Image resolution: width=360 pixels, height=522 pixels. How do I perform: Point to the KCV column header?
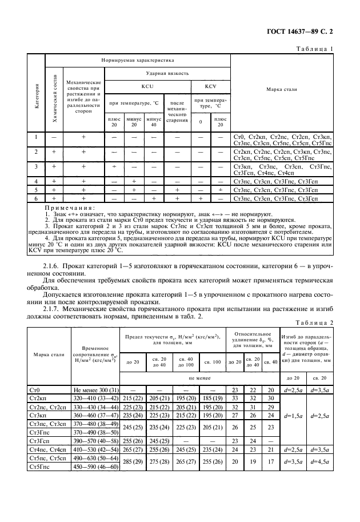pyautogui.click(x=210, y=86)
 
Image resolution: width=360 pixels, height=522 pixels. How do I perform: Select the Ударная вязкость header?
pyautogui.click(x=167, y=73)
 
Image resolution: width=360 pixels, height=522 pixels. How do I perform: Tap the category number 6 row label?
pyautogui.click(x=35, y=198)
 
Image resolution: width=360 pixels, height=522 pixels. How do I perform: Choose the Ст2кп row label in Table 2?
pyautogui.click(x=38, y=397)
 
